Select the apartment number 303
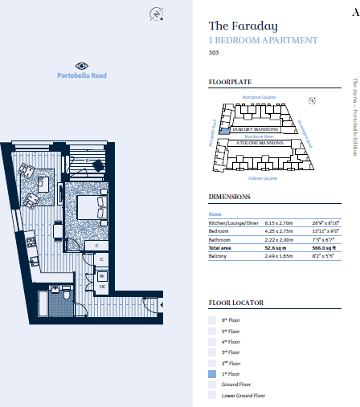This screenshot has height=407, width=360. coord(214,53)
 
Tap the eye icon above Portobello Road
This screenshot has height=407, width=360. coord(82,66)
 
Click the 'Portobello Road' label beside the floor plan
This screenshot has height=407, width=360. coord(82,75)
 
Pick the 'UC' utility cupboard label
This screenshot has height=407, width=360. coord(103,287)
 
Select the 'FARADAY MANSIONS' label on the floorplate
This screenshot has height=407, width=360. coord(255,128)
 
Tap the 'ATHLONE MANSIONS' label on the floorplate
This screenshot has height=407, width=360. coord(255,142)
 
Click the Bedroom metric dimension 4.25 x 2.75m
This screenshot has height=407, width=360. coord(278,231)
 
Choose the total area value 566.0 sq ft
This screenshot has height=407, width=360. coord(322,248)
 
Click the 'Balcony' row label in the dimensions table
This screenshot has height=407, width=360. coord(219,256)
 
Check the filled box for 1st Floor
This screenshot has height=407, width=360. coord(212,373)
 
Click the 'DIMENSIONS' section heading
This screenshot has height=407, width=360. coord(229,197)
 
